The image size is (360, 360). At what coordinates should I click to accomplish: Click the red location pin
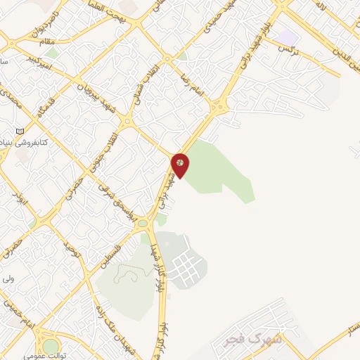click(181, 164)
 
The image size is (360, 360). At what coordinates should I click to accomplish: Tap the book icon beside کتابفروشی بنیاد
click(20, 131)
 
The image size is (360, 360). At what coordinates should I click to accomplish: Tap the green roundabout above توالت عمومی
click(51, 345)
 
